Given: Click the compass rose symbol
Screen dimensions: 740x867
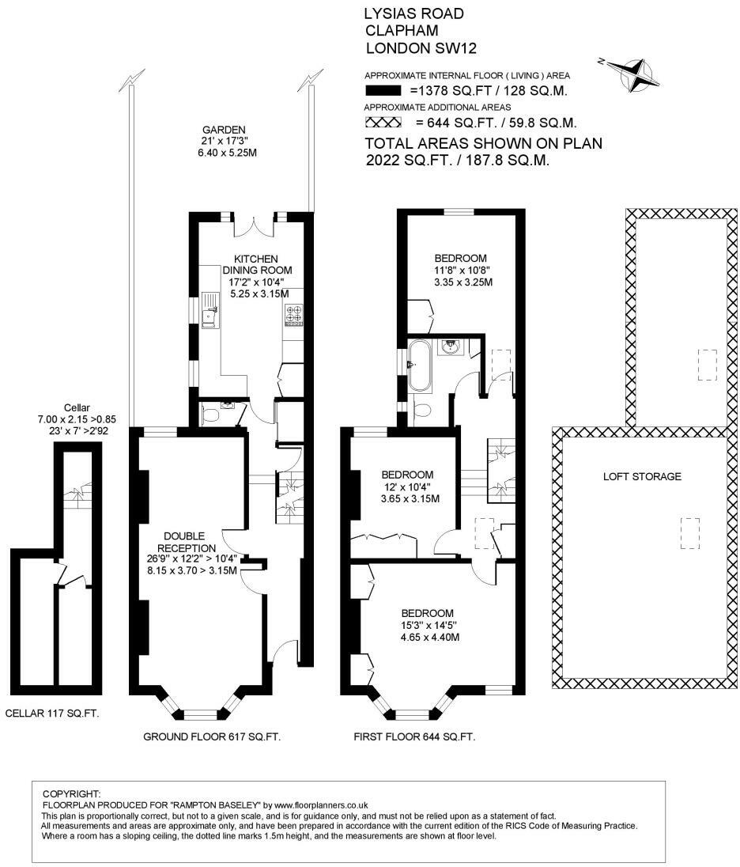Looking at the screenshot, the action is pyautogui.click(x=634, y=74).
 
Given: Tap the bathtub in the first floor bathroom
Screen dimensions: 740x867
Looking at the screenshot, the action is pyautogui.click(x=418, y=365).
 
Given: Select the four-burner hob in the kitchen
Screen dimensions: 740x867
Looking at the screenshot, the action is pyautogui.click(x=293, y=313).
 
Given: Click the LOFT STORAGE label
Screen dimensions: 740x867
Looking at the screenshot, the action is pyautogui.click(x=642, y=476).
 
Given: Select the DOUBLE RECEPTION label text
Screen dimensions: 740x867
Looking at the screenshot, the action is pyautogui.click(x=184, y=542).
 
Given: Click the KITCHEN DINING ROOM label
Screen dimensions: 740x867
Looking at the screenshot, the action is pyautogui.click(x=257, y=264).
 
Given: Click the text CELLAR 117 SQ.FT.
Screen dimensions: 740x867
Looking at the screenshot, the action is pyautogui.click(x=52, y=714).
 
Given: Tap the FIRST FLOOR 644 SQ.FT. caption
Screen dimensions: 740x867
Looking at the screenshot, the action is pyautogui.click(x=414, y=736).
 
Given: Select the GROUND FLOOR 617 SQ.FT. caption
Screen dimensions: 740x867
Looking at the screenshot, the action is pyautogui.click(x=212, y=736).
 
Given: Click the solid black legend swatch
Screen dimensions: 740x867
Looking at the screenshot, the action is pyautogui.click(x=383, y=91).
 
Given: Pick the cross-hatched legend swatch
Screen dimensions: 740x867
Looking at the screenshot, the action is pyautogui.click(x=383, y=122).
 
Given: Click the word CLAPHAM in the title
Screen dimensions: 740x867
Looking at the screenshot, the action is pyautogui.click(x=402, y=30).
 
